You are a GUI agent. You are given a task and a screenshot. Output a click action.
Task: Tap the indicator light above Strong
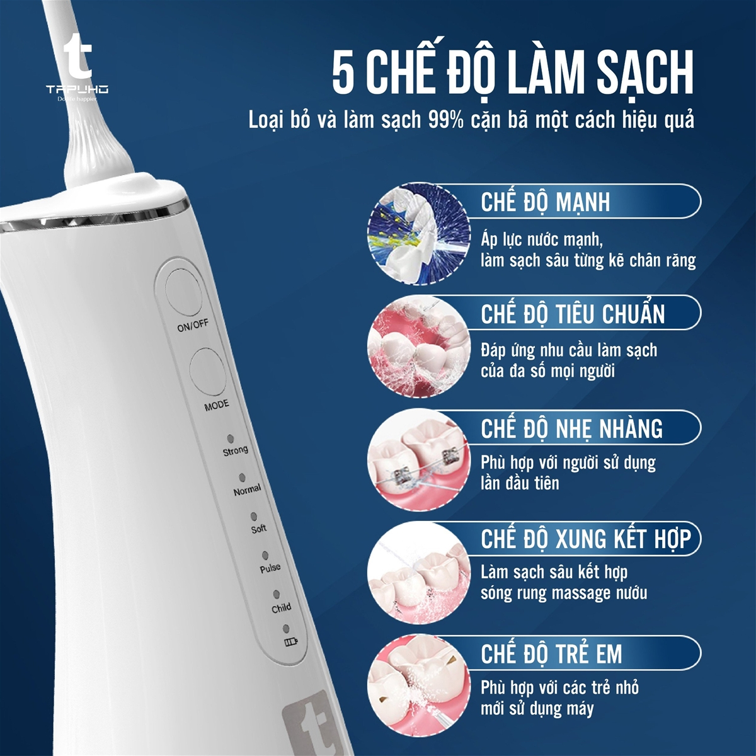(231, 438)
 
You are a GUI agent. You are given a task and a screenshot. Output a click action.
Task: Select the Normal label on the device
(246, 490)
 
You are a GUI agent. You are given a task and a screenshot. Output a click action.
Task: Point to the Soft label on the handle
(259, 529)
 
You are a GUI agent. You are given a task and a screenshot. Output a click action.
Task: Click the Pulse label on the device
(270, 568)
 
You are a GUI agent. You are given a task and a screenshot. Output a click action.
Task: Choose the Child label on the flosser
(281, 608)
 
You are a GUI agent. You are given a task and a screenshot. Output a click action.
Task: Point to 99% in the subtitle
(445, 120)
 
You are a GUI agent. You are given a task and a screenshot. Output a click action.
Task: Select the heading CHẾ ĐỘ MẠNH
(546, 202)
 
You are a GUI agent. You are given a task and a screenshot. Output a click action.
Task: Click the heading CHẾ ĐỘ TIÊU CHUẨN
(573, 314)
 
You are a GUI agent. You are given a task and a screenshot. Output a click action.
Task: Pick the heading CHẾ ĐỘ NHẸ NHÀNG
(571, 428)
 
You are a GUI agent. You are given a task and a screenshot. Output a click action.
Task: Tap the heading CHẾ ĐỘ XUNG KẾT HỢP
(585, 539)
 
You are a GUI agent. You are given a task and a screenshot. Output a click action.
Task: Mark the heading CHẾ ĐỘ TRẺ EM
(551, 653)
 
